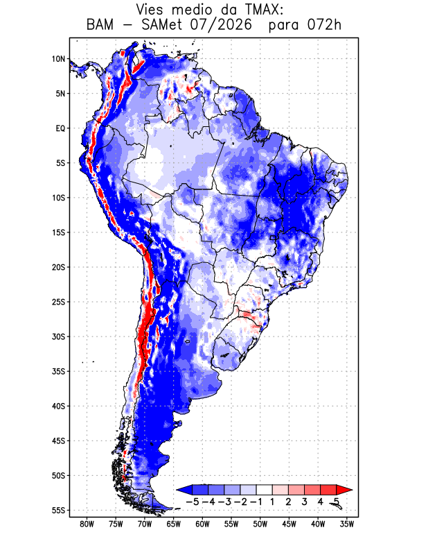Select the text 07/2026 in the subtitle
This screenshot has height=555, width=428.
(x=221, y=25)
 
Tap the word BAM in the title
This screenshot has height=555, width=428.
(x=100, y=25)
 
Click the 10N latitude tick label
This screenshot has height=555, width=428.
(x=59, y=59)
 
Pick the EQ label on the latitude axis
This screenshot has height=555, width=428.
(x=60, y=128)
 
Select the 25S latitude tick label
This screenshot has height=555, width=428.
(x=59, y=302)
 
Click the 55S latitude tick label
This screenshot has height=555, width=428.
(x=59, y=511)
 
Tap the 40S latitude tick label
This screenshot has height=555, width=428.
(x=59, y=406)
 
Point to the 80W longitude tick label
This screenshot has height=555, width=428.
(x=87, y=524)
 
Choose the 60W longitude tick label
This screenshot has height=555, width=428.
(x=202, y=524)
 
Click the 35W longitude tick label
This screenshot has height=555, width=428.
(x=347, y=524)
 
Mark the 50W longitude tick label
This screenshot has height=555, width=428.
(x=260, y=524)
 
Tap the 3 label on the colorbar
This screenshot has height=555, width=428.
(x=304, y=502)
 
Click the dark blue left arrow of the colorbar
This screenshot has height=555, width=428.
(x=184, y=490)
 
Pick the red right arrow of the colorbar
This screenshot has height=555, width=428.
(x=344, y=490)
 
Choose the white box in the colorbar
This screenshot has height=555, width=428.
(x=265, y=490)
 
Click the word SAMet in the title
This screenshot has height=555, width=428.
(x=161, y=25)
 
